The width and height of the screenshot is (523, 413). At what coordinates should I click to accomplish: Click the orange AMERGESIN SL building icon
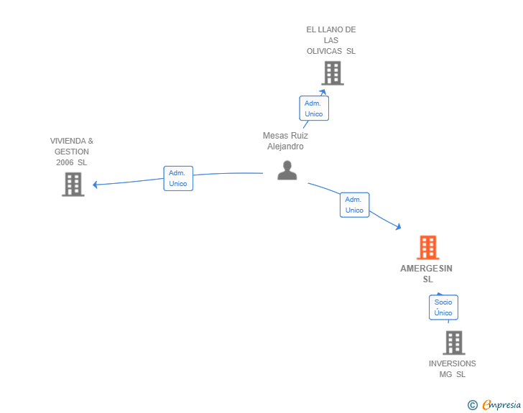coord(428,248)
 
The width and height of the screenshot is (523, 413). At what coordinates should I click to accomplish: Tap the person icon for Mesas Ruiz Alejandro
coord(287,170)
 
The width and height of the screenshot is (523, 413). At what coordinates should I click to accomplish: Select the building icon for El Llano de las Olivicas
coord(332,73)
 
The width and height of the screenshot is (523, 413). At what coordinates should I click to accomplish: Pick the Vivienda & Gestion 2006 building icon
coord(73,185)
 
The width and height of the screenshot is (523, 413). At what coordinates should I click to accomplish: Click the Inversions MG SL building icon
coord(453,343)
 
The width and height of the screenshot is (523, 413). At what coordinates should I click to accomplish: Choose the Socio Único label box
coord(443,307)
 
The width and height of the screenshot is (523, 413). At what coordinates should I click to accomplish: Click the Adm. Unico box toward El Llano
coord(314,108)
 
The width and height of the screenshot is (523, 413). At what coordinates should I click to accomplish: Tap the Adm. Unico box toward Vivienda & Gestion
coord(178,178)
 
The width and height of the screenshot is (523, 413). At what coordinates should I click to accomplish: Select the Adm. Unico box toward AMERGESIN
coord(354,205)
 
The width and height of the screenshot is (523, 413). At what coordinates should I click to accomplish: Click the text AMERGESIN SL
coord(427,274)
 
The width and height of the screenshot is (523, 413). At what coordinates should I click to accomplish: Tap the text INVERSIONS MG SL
coord(452,368)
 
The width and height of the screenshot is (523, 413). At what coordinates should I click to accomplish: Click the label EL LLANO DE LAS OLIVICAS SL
coord(330,40)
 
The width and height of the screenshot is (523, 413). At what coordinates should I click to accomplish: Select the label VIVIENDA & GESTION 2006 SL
coord(72,152)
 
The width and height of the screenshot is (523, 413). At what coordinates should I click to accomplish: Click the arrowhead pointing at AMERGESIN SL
coord(398,227)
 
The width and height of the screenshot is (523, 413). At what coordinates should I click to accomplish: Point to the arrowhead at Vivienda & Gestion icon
coord(96,185)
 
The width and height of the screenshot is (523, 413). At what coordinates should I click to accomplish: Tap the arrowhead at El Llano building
coord(323,92)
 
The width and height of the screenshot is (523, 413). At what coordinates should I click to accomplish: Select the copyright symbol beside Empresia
coord(472,405)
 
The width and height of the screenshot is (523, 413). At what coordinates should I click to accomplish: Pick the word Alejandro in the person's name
coord(285,147)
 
